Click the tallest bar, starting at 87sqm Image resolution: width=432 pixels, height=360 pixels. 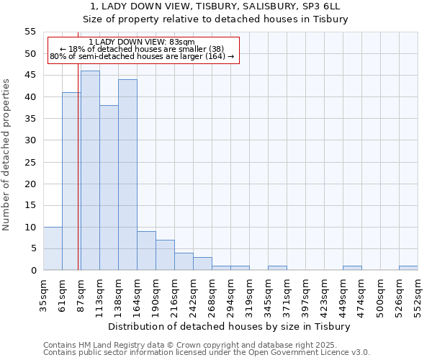pos(90,171)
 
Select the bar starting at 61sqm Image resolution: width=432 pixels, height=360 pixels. pos(71,181)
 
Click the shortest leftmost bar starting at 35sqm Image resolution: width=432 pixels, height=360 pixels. pos(53,248)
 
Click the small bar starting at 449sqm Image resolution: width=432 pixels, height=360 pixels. pos(352,268)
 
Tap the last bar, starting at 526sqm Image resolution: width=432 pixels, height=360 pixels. pos(408,268)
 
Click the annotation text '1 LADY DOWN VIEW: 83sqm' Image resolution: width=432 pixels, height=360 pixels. pos(142,42)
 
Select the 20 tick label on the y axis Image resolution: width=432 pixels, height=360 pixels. pos(30,184)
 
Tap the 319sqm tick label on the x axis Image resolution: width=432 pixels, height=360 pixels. pos(248,297)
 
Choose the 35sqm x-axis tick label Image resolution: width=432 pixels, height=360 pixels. pos(42,297)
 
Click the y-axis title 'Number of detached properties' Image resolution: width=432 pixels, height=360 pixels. pos(6,155)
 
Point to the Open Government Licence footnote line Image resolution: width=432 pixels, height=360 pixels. pos(206,353)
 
